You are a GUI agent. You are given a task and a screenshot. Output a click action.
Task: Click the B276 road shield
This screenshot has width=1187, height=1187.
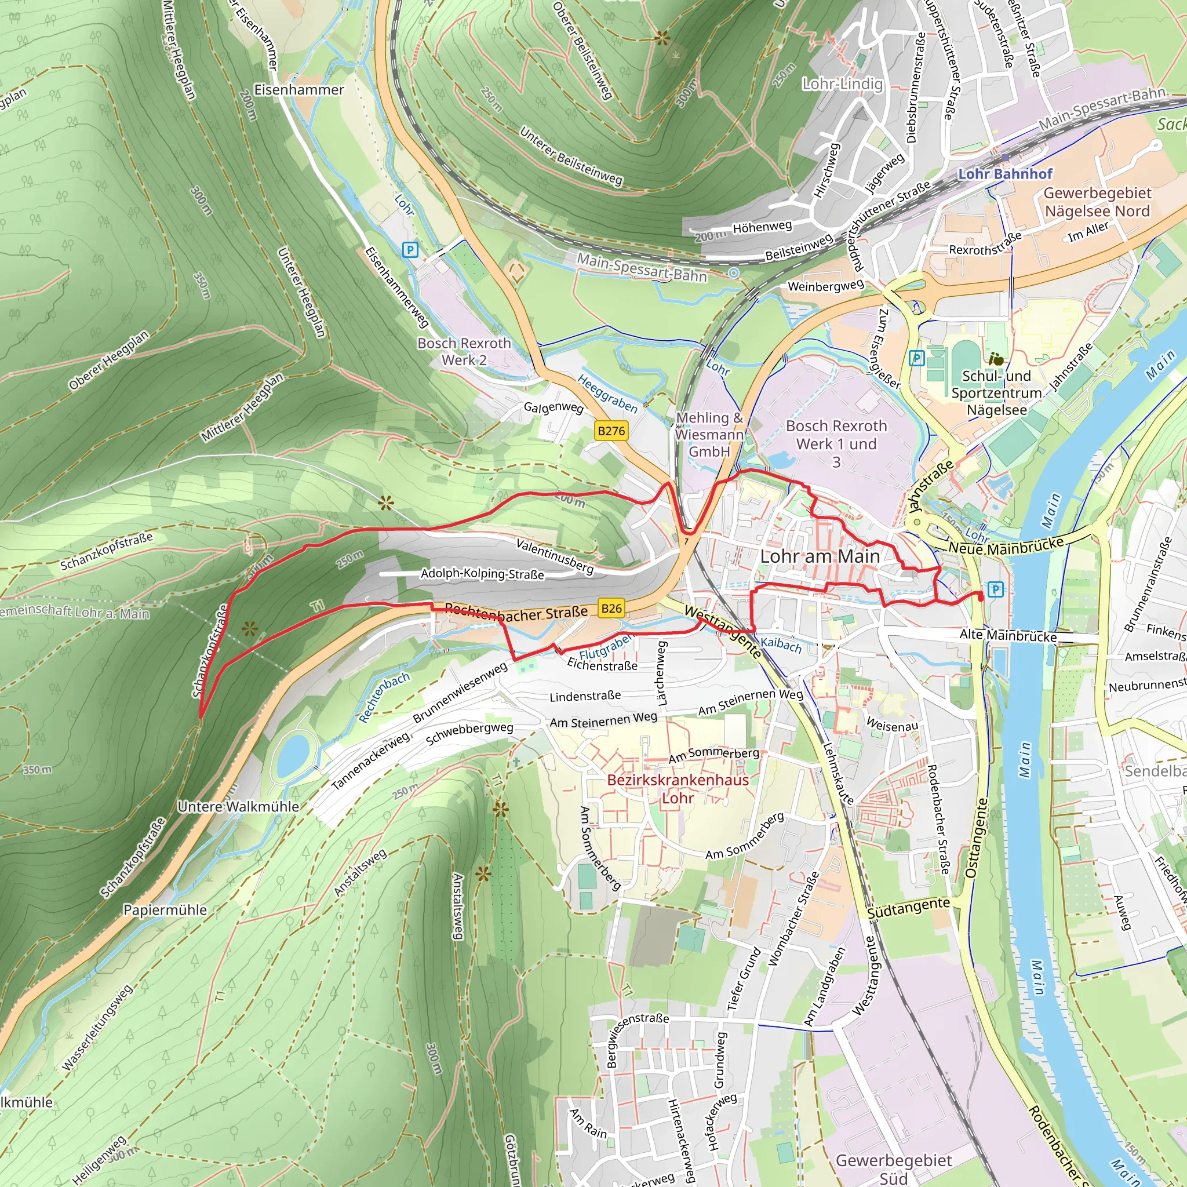pos(611,431)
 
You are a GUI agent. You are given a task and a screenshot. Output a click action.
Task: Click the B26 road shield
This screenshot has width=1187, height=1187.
pos(611,608)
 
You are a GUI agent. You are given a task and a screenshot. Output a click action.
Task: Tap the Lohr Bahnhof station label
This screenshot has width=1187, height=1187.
pos(1005,174)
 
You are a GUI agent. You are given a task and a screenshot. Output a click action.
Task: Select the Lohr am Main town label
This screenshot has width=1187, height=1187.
pos(820,556)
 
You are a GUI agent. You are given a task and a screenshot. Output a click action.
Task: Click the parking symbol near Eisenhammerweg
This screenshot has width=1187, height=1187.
pos(410,249)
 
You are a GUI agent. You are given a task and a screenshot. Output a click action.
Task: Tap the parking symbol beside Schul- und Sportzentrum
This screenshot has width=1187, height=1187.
pos(916,358)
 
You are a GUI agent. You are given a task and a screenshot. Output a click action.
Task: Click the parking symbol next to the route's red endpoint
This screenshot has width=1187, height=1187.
pos(996,589)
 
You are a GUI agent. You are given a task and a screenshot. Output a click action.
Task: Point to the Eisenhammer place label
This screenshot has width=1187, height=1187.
pos(299,90)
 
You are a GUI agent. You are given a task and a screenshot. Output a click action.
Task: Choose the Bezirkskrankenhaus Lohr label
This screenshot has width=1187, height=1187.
pos(678,789)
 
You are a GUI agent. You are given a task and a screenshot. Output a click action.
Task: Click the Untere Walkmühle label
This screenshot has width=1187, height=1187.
pos(238,807)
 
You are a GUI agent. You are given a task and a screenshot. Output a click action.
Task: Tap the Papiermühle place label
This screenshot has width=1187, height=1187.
pos(165,910)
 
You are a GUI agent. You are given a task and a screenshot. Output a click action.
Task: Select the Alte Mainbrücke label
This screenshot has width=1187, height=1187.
pos(1007,636)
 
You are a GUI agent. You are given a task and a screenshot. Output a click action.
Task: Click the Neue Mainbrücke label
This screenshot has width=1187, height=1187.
pos(1006,545)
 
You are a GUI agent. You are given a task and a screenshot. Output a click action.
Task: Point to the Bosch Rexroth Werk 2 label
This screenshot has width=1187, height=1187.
pos(464,351)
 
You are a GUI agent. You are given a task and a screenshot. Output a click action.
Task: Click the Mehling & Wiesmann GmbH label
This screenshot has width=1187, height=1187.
pos(709,434)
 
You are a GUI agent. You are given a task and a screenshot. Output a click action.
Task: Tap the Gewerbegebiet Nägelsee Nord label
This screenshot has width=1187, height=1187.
pos(1097,202)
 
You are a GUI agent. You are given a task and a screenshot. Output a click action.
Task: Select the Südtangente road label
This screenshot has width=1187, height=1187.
pos(908,908)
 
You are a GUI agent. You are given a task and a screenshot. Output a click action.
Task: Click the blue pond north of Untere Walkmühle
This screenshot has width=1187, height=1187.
pos(293,756)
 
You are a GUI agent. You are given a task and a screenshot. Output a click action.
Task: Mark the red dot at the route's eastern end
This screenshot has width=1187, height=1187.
pos(981,596)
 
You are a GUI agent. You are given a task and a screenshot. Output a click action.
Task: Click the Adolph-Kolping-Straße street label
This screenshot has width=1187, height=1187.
pos(482,574)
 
